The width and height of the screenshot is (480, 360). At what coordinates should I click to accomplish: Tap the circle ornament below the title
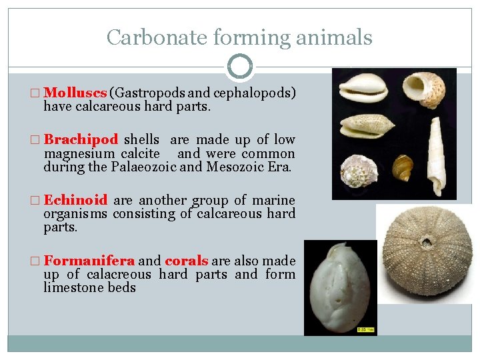pyautogui.click(x=240, y=67)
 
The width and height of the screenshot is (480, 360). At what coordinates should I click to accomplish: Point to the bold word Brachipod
pyautogui.click(x=81, y=139)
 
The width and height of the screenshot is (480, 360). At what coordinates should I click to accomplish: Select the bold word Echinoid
pyautogui.click(x=75, y=200)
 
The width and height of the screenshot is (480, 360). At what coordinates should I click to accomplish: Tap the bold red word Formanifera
pyautogui.click(x=89, y=261)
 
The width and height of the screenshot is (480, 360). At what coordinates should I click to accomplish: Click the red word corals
pyautogui.click(x=187, y=261)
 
